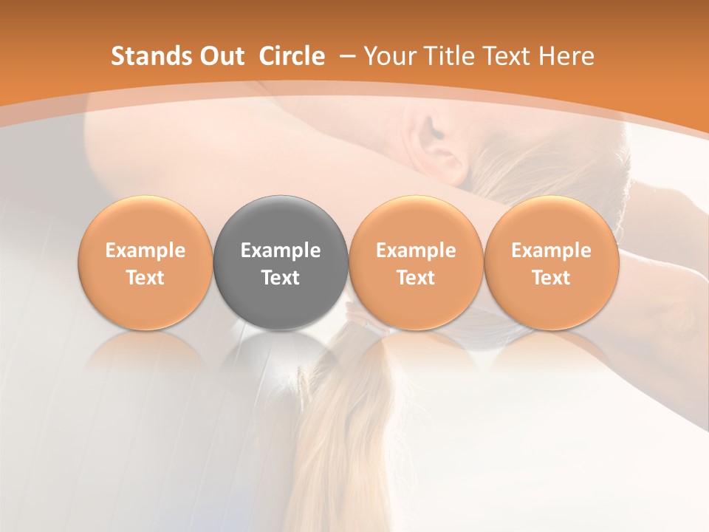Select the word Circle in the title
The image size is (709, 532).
pyautogui.click(x=292, y=56)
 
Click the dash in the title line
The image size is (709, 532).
pyautogui.click(x=346, y=56)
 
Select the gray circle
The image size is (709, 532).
pyautogui.click(x=281, y=262)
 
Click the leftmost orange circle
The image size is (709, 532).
pyautogui.click(x=145, y=262)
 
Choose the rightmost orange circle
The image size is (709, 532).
pyautogui.click(x=551, y=262)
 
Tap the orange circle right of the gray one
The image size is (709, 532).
pyautogui.click(x=416, y=262)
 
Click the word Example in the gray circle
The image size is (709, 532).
pyautogui.click(x=281, y=250)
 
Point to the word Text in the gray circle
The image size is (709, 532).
pyautogui.click(x=281, y=278)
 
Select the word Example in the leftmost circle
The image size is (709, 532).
pyautogui.click(x=145, y=250)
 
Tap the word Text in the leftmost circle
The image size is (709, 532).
pyautogui.click(x=145, y=278)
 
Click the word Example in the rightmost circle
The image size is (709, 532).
pyautogui.click(x=551, y=250)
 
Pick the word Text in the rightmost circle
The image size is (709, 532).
pyautogui.click(x=551, y=278)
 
